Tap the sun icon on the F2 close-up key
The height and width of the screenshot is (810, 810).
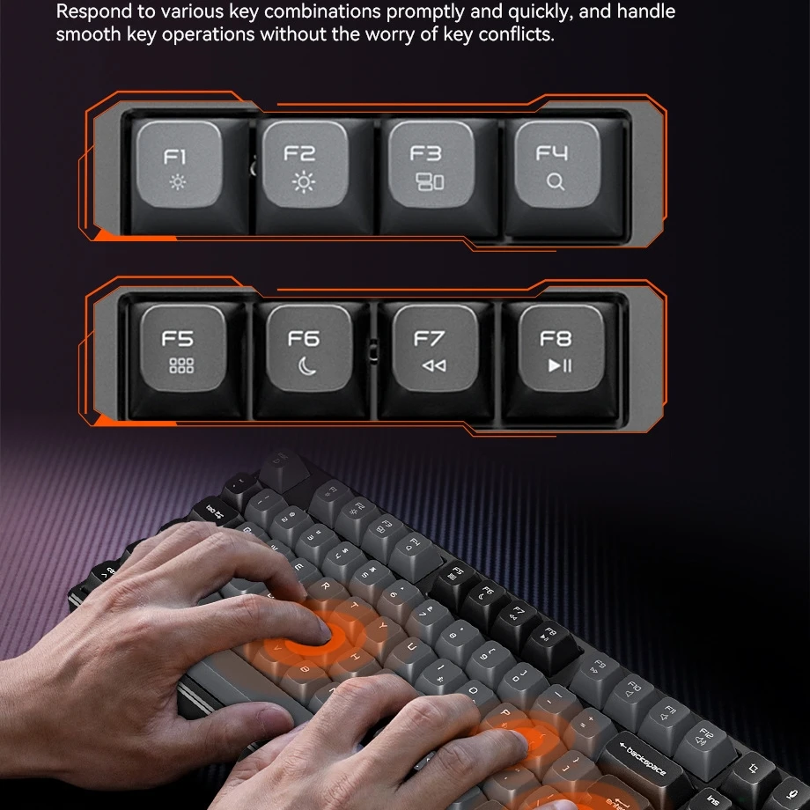pos(304,182)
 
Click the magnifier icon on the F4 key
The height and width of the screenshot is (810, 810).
pos(555,182)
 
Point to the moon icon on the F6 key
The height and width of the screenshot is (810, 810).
pos(306,365)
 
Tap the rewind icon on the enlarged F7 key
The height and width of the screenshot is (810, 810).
pos(433,365)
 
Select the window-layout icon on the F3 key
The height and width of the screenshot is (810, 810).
pos(430,182)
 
